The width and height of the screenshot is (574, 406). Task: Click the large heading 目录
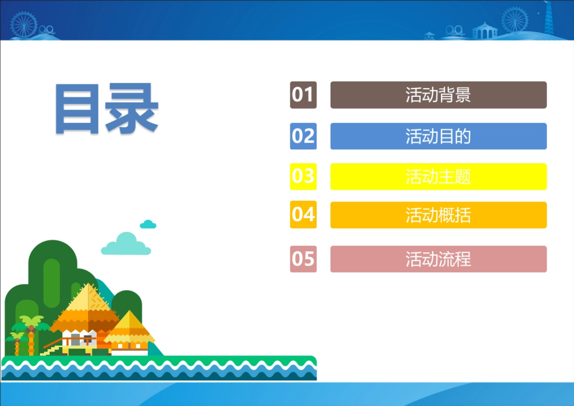point(106,109)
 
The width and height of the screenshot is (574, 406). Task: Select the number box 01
point(303,95)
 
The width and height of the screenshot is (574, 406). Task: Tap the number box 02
point(303,136)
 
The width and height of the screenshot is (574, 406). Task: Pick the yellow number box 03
point(303,177)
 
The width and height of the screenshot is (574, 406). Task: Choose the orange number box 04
point(303,214)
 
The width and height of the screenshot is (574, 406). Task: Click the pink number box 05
point(303,259)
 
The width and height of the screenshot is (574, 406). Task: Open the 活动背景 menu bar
point(438,95)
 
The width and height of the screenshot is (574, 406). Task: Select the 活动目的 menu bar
point(438,136)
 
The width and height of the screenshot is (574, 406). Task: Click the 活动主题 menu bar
point(438,177)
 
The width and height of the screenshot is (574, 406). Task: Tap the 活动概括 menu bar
point(438,215)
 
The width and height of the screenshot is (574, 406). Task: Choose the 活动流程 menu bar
point(438,259)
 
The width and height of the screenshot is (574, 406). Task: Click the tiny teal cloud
point(148,224)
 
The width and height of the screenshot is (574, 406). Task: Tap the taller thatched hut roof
point(86,306)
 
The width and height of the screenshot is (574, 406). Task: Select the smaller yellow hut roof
point(129,327)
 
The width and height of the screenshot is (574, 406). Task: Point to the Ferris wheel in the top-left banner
point(23,23)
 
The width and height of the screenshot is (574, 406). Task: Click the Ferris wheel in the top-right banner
point(515,19)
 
